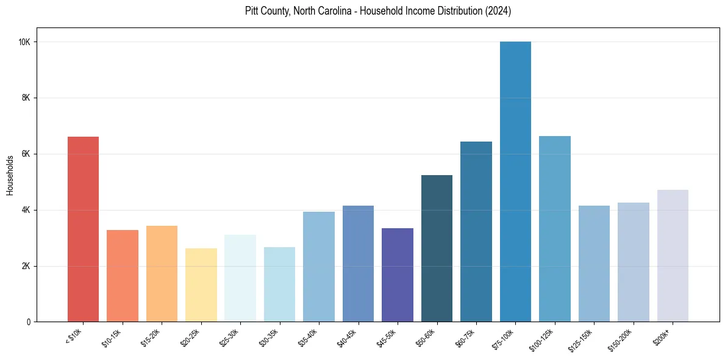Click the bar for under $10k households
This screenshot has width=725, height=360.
[x=83, y=229]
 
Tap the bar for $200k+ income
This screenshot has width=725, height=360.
[x=673, y=256]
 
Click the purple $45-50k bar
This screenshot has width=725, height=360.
[x=398, y=275]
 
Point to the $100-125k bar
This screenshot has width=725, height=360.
[x=555, y=229]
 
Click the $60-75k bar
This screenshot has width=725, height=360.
[x=476, y=231]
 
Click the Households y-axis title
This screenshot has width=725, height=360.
[x=10, y=175]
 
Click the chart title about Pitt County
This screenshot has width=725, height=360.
[x=378, y=12]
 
